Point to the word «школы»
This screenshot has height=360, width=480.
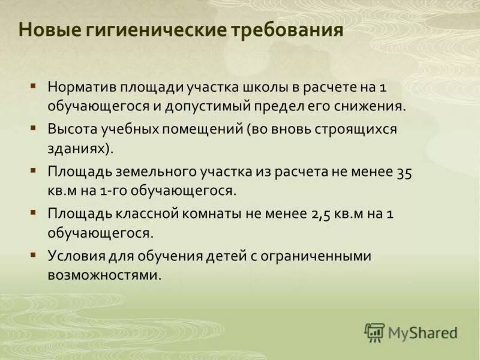pos(265,86)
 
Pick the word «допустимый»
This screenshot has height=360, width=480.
pos(218,107)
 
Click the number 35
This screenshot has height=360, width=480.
pos(404,172)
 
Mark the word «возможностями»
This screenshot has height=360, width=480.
pos(103,276)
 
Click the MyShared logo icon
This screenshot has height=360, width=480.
pos(374,332)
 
